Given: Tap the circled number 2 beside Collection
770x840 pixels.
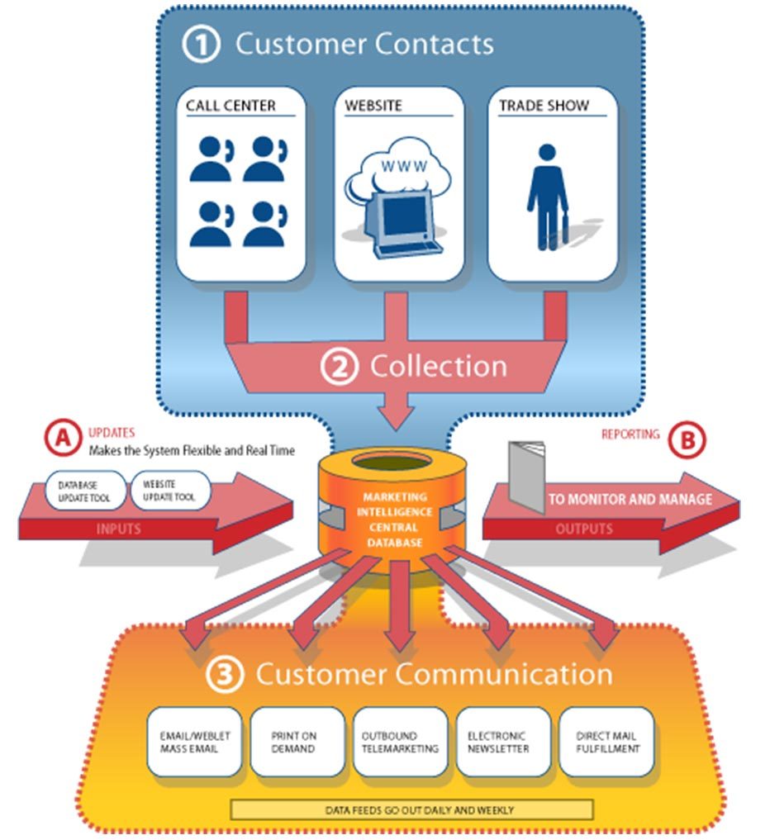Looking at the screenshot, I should [x=339, y=367].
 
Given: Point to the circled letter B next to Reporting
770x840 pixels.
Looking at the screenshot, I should [x=687, y=441].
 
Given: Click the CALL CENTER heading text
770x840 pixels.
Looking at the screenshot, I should [x=231, y=106].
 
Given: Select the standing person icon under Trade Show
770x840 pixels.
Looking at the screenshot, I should [x=547, y=197].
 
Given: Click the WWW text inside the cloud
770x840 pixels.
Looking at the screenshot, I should [x=403, y=165].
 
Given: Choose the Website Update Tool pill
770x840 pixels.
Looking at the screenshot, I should [x=169, y=490].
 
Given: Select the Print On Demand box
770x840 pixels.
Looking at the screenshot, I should [x=297, y=742].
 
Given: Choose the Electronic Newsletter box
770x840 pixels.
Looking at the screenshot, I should [x=502, y=742].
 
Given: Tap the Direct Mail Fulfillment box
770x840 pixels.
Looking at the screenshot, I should [x=606, y=742].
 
